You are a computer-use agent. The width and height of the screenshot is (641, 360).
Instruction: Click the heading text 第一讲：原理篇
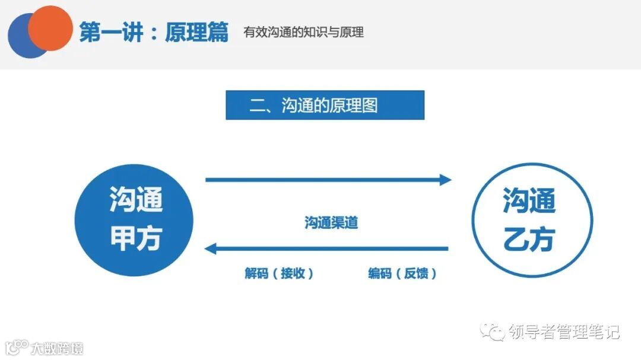(x=154, y=33)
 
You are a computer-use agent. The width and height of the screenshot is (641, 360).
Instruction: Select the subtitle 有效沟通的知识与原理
(x=304, y=32)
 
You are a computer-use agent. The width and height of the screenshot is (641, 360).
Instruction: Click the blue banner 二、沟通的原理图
(x=325, y=105)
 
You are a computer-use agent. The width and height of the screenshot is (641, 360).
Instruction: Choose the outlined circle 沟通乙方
(x=531, y=220)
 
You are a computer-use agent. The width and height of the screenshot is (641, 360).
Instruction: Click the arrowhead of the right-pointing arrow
(x=445, y=180)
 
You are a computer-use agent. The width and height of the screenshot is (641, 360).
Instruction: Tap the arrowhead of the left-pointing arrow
(x=211, y=249)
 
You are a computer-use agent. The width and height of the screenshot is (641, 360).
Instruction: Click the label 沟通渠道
(x=331, y=223)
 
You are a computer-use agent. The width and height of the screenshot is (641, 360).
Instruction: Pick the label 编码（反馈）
(x=402, y=274)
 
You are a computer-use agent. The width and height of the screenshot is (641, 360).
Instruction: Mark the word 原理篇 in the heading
(x=196, y=33)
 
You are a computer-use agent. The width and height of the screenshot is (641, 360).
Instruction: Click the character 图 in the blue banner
(x=369, y=106)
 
